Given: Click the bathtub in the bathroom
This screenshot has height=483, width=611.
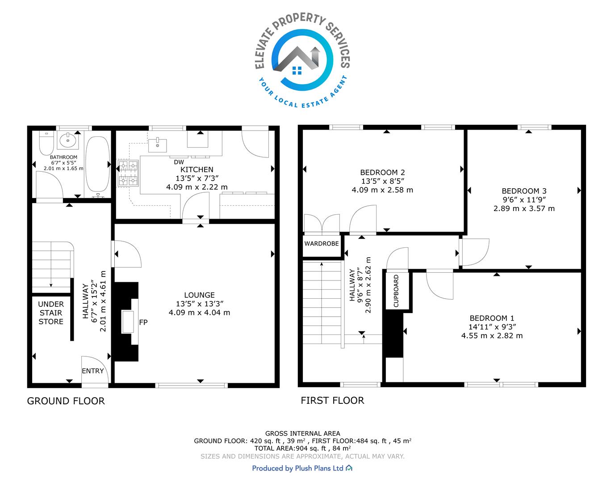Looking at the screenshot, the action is tap(97, 164).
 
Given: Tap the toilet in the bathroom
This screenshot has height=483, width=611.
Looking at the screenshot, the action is tap(46, 143).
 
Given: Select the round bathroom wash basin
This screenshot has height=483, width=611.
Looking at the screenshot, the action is tap(67, 140).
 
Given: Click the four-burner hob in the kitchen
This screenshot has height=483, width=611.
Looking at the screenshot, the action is tap(128, 173).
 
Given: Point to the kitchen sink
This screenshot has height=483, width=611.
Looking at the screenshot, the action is tap(157, 145).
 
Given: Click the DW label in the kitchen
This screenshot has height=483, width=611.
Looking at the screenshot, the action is tap(179, 162).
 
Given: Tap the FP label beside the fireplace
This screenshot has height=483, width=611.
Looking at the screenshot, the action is tap(143, 322).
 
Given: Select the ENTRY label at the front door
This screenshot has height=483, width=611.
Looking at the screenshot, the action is tap(92, 371).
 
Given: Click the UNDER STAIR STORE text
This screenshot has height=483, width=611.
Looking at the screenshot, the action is tap(51, 313).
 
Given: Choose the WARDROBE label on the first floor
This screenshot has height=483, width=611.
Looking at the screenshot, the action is tap(322, 244).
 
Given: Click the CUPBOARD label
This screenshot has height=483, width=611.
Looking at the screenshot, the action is tap(396, 291).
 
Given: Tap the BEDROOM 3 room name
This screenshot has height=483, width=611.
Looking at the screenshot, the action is tap(524, 191).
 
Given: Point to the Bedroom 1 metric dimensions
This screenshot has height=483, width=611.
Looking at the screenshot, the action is tap(492, 336).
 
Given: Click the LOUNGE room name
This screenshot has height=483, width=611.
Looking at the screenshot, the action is tap(199, 295).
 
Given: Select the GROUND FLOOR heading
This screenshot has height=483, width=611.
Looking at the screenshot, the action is tap(66, 401).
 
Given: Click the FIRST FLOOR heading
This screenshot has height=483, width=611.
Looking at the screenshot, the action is tap(332, 401).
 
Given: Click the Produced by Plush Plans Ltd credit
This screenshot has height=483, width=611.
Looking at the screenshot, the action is tap(302, 468).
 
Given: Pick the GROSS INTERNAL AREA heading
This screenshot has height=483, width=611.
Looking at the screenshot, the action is tap(303, 433).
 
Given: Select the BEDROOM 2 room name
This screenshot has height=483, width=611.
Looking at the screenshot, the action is tap(382, 172).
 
